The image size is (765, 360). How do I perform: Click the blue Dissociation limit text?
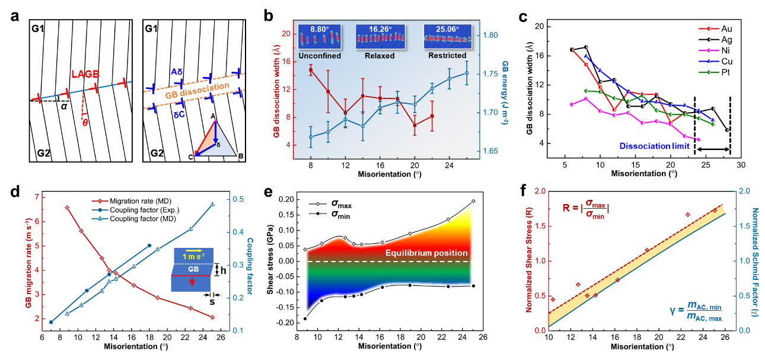[x=654, y=145]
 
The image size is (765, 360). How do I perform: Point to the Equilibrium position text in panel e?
[x=426, y=253]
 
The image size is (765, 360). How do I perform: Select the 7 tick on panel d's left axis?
[x=37, y=197]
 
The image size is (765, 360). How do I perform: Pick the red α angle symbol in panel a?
[x=63, y=107]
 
